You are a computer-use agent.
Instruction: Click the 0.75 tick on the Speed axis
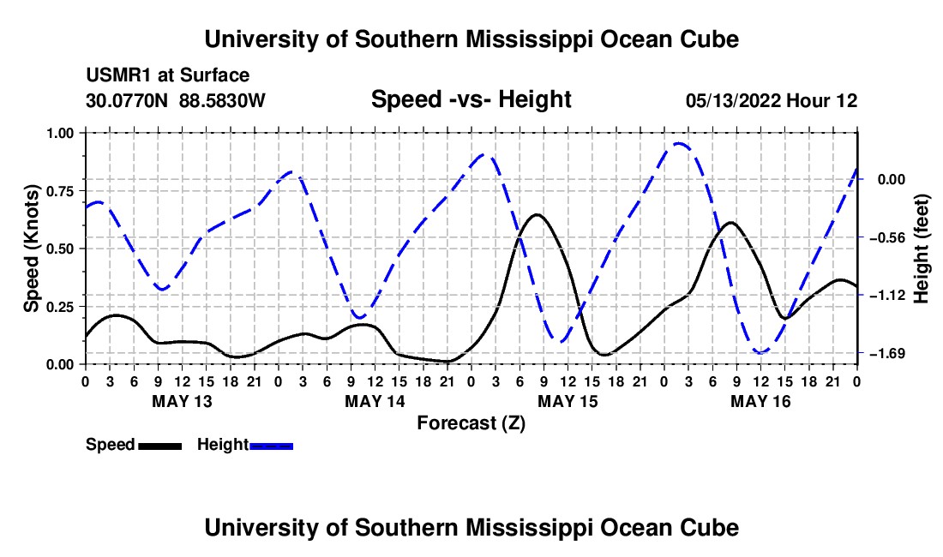pyautogui.click(x=63, y=191)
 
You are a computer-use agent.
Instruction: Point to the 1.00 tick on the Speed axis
pyautogui.click(x=63, y=133)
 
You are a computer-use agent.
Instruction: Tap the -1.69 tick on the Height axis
pyautogui.click(x=887, y=353)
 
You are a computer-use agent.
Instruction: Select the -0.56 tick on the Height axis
pyautogui.click(x=887, y=237)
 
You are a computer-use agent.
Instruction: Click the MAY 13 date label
pyautogui.click(x=183, y=401)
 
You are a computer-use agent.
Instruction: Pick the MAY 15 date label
pyautogui.click(x=568, y=401)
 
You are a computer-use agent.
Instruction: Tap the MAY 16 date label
pyautogui.click(x=760, y=401)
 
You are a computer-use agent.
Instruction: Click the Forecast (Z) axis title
pyautogui.click(x=471, y=423)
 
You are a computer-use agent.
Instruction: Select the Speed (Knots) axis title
pyautogui.click(x=31, y=249)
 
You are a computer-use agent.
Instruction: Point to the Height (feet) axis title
pyautogui.click(x=922, y=249)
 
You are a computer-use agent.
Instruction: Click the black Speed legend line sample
pyautogui.click(x=160, y=446)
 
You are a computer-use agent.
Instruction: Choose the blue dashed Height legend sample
pyautogui.click(x=271, y=446)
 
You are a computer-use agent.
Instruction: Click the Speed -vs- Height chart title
pyautogui.click(x=471, y=99)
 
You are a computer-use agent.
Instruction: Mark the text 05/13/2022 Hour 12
pyautogui.click(x=772, y=101)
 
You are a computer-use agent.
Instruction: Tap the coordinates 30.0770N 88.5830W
pyautogui.click(x=176, y=101)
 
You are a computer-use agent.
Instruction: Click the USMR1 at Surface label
pyautogui.click(x=168, y=75)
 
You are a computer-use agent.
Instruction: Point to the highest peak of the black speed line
pyautogui.click(x=537, y=214)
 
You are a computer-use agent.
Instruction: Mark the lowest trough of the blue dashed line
pyautogui.click(x=760, y=353)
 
